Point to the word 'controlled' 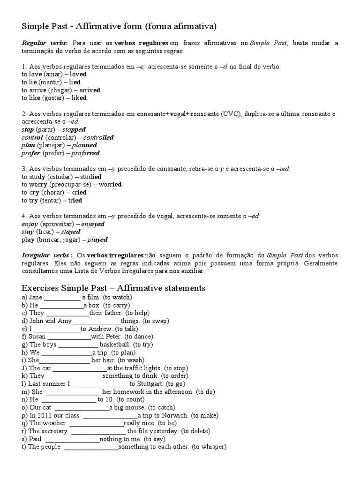point(98,137)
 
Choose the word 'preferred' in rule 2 point(85,153)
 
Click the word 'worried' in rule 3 point(110,185)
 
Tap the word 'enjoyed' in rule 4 point(93,224)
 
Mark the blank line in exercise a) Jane point(62,298)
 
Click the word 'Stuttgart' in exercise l point(145,384)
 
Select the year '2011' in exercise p point(45,415)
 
